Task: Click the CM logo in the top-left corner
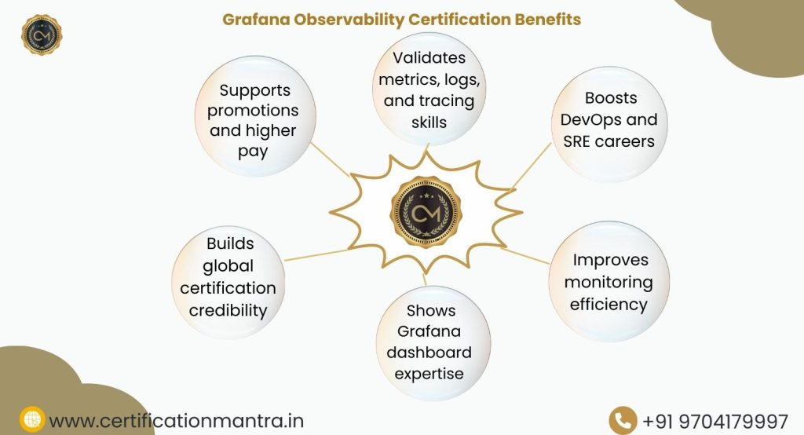pos(41,34)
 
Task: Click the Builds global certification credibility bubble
pos(228,277)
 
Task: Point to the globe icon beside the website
pos(32,420)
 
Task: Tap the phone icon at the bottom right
pos(623,420)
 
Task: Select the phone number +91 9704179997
pos(714,421)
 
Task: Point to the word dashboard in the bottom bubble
pos(429,353)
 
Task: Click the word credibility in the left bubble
pos(228,310)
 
